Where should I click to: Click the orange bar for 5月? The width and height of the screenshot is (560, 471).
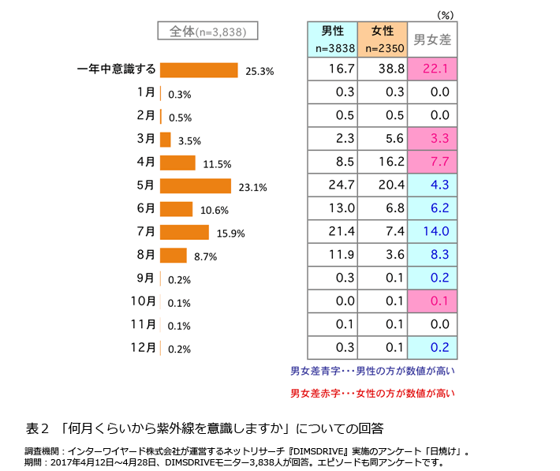click(x=195, y=186)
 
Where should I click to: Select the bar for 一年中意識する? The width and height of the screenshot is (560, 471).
click(x=199, y=70)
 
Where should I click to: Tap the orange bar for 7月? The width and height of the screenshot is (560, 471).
click(x=184, y=232)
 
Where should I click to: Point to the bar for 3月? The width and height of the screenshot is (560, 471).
click(x=165, y=140)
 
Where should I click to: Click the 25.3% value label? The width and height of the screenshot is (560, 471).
click(x=259, y=71)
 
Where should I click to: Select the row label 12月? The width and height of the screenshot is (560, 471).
click(x=144, y=347)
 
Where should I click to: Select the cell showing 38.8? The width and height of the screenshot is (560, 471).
click(x=382, y=69)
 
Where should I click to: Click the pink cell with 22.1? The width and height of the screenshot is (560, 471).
click(x=433, y=69)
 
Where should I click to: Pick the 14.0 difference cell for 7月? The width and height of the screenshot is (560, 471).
click(x=433, y=231)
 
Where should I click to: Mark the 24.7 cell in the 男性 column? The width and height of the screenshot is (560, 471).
click(x=331, y=185)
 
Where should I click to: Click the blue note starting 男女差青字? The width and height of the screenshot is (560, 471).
click(x=373, y=370)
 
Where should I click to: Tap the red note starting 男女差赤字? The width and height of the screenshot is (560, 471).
click(x=373, y=392)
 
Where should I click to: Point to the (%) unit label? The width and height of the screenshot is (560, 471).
click(x=446, y=14)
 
